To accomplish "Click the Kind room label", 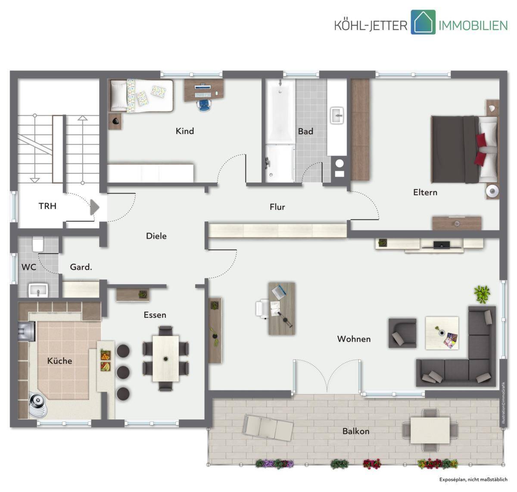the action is tap(184, 131).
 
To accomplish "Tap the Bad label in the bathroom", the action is tap(305, 131).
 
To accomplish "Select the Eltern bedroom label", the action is tap(425, 192).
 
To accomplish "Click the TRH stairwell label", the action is tap(47, 206).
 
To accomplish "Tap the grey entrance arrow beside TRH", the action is tap(95, 207).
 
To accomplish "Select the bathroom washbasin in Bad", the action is tap(337, 115).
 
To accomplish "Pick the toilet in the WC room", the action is tap(37, 244).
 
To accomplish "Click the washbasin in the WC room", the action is tap(38, 290).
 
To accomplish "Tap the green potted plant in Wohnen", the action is tap(482, 294).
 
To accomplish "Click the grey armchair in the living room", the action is tap(402, 333).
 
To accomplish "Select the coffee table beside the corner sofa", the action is tap(442, 333).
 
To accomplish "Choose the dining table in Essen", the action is tap(166, 359).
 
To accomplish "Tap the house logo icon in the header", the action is tap(423, 22).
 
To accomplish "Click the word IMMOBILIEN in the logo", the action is tap(473, 25).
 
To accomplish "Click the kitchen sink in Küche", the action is tap(26, 331).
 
